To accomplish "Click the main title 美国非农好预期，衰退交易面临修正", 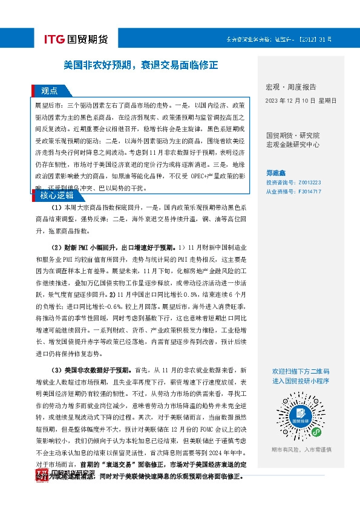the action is [x=141, y=64].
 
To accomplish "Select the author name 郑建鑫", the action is [x=277, y=170].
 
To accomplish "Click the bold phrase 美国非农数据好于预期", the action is [x=97, y=369].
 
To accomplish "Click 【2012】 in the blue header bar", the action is [x=307, y=39].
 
